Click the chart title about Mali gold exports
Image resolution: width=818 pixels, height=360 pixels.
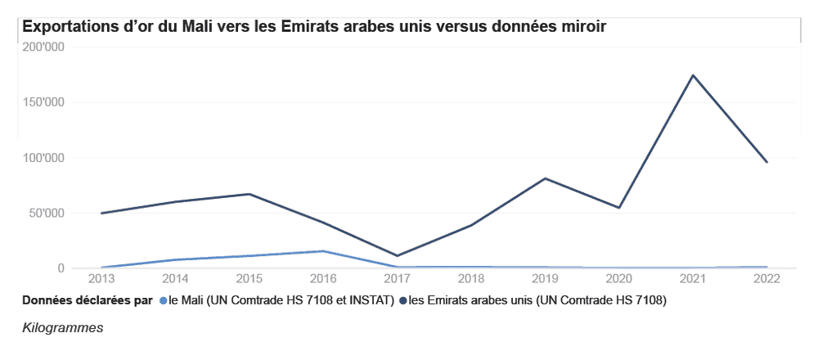pyautogui.click(x=314, y=26)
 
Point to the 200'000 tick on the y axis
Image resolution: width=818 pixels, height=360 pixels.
pyautogui.click(x=44, y=47)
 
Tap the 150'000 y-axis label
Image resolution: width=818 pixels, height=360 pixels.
pyautogui.click(x=44, y=103)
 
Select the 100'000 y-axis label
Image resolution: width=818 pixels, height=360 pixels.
pyautogui.click(x=44, y=158)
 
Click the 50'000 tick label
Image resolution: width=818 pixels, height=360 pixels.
pyautogui.click(x=47, y=214)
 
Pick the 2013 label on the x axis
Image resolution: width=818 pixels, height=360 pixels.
pyautogui.click(x=101, y=279)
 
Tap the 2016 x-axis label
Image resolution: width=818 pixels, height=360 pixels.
pyautogui.click(x=323, y=279)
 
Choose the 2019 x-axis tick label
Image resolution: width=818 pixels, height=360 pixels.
pyautogui.click(x=545, y=279)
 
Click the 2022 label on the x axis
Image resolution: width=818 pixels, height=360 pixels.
pyautogui.click(x=766, y=279)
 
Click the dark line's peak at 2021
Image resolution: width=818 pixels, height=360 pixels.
pyautogui.click(x=693, y=75)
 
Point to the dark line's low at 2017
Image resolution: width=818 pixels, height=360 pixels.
pyautogui.click(x=398, y=256)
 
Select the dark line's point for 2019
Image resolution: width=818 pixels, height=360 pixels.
pyautogui.click(x=545, y=178)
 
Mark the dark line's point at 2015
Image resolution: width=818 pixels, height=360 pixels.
pyautogui.click(x=249, y=194)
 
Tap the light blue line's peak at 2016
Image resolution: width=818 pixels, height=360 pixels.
pyautogui.click(x=323, y=251)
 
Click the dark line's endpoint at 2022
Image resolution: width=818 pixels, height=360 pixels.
pyautogui.click(x=766, y=162)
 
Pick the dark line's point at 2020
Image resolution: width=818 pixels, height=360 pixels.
pyautogui.click(x=619, y=208)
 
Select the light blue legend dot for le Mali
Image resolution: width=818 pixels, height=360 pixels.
pyautogui.click(x=163, y=301)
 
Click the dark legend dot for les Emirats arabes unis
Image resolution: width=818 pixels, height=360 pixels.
pyautogui.click(x=402, y=301)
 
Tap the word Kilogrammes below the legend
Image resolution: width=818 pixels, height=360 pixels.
pyautogui.click(x=63, y=327)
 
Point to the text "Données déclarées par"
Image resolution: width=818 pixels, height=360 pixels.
pyautogui.click(x=88, y=301)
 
